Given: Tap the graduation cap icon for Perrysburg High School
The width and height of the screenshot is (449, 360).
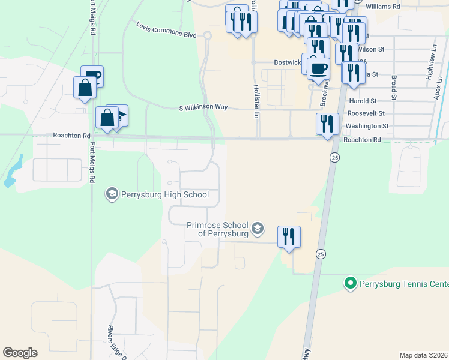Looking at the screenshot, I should [111, 194].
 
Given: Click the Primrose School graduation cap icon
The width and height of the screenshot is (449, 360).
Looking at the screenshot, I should [257, 228].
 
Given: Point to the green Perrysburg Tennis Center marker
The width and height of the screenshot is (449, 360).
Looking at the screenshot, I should [349, 282].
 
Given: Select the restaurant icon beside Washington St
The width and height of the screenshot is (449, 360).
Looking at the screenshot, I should [327, 124].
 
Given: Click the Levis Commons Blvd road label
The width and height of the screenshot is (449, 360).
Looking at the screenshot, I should [166, 30].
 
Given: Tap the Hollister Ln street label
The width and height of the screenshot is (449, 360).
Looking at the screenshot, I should [256, 97].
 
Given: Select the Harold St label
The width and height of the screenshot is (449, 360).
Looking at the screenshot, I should [362, 101].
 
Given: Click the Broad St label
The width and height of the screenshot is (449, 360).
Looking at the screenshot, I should [394, 88].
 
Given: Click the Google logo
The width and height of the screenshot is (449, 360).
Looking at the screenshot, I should [20, 353].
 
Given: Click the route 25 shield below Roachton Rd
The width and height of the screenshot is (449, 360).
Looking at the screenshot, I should [334, 157].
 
